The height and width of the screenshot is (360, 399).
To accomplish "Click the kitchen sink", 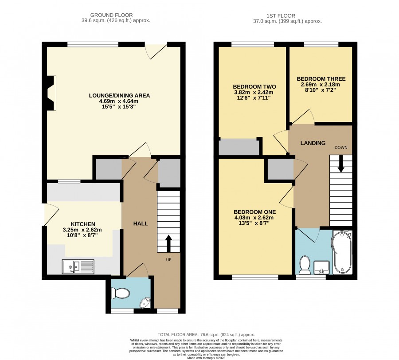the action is click(78, 266).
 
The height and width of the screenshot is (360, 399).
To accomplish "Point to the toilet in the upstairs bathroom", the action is click(305, 265).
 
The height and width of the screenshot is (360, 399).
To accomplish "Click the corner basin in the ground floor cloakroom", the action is click(146, 302).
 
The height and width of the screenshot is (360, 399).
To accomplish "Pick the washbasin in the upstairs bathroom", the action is click(321, 268).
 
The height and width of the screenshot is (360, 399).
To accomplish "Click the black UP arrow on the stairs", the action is click(168, 243).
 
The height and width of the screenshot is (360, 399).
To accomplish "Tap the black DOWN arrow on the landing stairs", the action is click(340, 164).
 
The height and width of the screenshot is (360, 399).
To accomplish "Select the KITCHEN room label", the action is click(83, 224).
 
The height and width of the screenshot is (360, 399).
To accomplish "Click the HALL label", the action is click(141, 223).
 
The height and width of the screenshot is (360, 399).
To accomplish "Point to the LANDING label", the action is click(313, 143).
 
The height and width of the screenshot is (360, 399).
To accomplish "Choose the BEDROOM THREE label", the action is click(321, 79).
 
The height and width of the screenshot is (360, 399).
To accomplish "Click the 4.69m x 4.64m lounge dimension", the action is click(119, 101).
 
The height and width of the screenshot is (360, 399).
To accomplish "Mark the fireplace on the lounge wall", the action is click(51, 93).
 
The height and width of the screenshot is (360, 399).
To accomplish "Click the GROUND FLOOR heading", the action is click(111, 15).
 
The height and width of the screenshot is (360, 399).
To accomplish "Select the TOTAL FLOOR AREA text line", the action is click(206, 335).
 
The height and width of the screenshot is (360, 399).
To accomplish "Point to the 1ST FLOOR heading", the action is click(281, 16).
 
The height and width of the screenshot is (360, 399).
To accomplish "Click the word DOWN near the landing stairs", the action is click(341, 148).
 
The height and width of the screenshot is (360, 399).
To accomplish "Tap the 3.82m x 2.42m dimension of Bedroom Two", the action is click(254, 92).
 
